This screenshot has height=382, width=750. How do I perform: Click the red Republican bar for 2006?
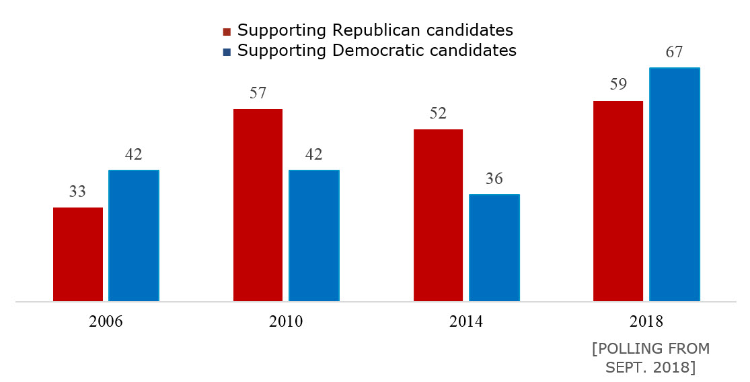(78, 254)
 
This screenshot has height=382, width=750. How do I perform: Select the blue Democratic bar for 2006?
(134, 235)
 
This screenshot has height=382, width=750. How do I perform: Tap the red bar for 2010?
(258, 205)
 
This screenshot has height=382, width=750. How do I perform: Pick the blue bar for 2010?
(314, 235)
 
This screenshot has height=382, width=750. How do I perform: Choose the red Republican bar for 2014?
(438, 215)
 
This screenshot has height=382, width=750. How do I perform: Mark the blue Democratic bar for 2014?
(494, 247)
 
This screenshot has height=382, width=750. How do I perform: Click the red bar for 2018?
(618, 201)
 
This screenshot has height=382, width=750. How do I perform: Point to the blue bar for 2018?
(675, 184)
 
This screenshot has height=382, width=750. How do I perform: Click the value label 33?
(78, 192)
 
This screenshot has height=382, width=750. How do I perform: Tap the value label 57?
(258, 94)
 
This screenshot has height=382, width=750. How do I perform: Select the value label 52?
(438, 114)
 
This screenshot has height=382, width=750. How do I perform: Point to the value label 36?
(494, 179)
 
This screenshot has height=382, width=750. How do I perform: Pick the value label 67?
(675, 53)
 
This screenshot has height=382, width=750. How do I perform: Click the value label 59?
(618, 86)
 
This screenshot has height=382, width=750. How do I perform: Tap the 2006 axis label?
(106, 321)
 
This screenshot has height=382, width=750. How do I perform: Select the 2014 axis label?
(466, 321)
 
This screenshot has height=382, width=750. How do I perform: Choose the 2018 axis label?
(646, 321)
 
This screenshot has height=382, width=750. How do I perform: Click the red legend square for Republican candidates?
(227, 32)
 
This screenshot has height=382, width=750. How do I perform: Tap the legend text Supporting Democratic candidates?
(377, 51)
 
